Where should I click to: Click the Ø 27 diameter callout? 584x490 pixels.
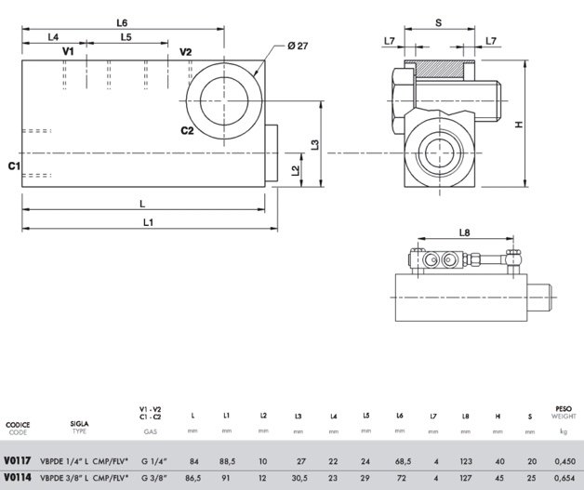point(298,46)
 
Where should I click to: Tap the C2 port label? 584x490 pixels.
point(187,131)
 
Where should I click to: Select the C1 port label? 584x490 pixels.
point(14,166)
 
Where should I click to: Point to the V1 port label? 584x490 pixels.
point(68,51)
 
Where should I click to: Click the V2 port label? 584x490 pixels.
point(185,52)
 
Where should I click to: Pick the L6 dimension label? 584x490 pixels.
point(122,23)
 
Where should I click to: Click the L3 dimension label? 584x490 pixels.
point(315,144)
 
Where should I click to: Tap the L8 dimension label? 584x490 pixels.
point(464,232)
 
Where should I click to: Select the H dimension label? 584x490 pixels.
point(519,125)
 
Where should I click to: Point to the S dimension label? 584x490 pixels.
point(438,23)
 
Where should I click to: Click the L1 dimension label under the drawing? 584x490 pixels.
point(148,222)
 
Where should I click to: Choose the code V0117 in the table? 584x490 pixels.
point(17,460)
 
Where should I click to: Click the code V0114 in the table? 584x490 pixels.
point(17,477)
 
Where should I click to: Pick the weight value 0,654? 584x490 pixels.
point(565,478)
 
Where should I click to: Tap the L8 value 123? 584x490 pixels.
point(466,461)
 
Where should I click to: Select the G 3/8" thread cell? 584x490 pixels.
point(153,478)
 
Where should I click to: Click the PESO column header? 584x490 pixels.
point(564,409)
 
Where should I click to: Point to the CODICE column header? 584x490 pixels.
point(18,425)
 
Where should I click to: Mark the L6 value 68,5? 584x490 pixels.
point(403,461)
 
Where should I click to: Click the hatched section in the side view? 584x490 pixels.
point(440,70)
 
